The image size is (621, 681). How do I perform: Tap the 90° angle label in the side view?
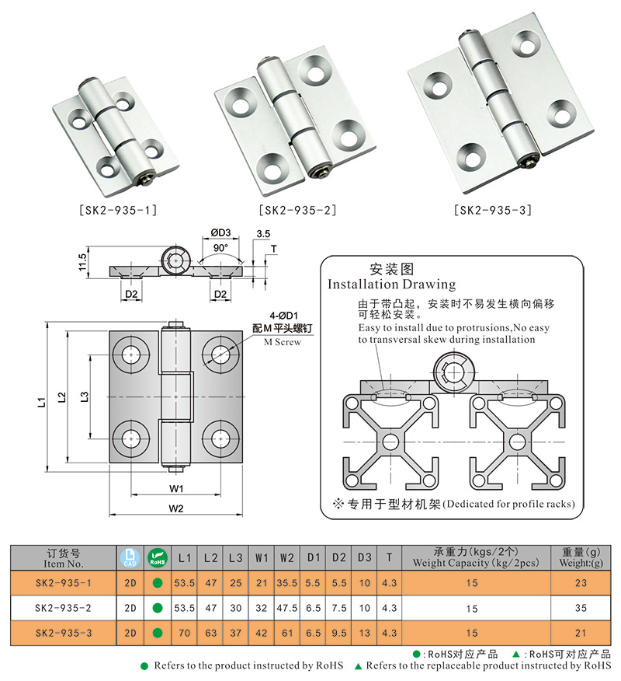point(220,247)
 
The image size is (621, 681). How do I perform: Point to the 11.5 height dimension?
point(82,262)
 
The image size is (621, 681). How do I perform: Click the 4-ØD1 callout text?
point(284,316)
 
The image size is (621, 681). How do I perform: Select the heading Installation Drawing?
point(391,285)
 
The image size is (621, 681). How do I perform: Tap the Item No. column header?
point(64,558)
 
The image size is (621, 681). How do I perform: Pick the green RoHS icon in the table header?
point(158,557)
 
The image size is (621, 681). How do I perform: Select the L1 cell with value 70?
point(185,634)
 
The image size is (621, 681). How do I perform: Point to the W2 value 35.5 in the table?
point(287,582)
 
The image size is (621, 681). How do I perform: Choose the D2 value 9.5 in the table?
point(338,634)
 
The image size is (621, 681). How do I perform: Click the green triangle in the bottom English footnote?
point(358,666)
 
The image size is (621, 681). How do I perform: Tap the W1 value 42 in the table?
point(262,634)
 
